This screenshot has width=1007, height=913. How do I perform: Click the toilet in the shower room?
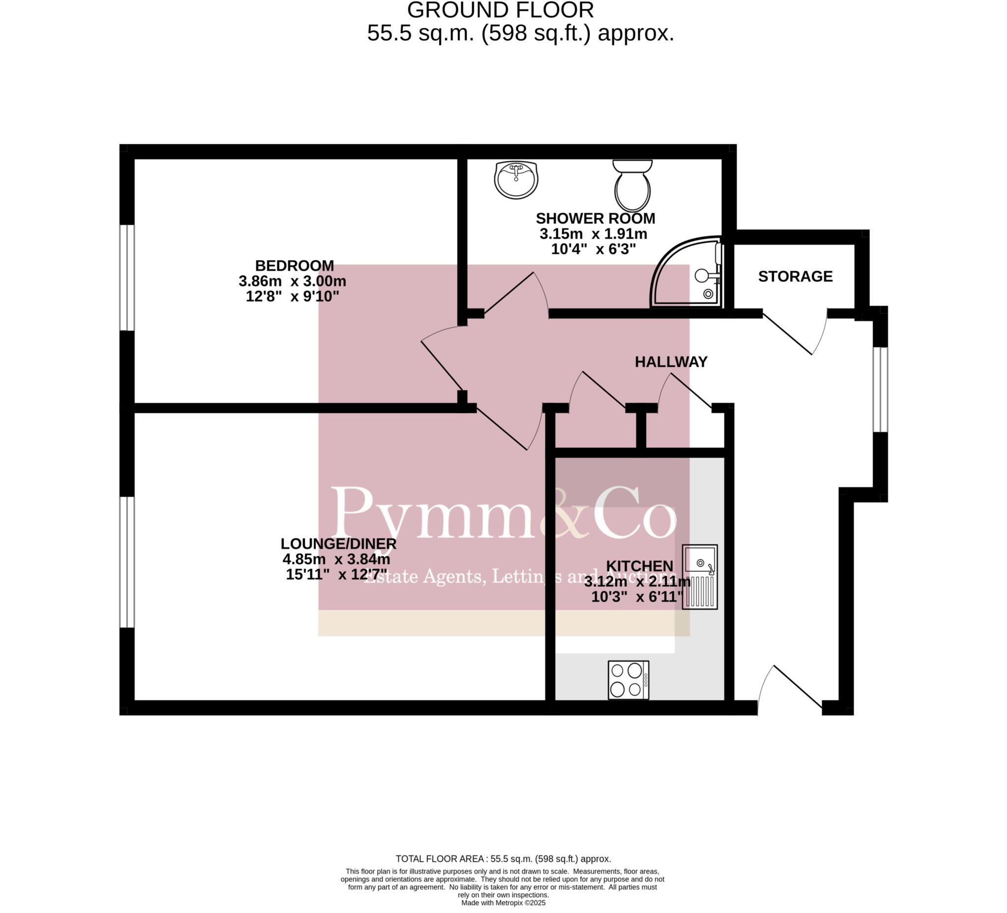click(x=632, y=186)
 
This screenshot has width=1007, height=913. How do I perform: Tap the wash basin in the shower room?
click(x=516, y=180)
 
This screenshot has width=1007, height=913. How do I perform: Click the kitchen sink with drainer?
click(x=700, y=577)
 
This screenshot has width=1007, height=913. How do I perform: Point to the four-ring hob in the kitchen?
click(x=628, y=680)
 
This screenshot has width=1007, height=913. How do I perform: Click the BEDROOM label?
click(x=294, y=265)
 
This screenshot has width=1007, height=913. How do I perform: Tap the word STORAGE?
click(x=795, y=276)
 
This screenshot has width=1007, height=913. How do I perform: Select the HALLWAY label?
click(x=671, y=362)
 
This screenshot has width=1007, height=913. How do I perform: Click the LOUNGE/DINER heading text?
click(x=338, y=544)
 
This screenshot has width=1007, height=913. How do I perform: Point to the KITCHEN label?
click(x=639, y=566)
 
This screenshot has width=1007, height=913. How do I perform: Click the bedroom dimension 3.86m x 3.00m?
click(x=292, y=281)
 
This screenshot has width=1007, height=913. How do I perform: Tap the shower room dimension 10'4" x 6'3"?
click(x=593, y=249)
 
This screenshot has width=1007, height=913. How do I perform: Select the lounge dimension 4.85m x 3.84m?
click(x=336, y=559)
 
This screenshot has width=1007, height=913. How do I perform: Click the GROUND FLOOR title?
click(x=501, y=10)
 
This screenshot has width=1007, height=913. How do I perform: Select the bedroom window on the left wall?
click(x=127, y=278)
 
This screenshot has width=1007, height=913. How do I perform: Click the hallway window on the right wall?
click(x=880, y=389)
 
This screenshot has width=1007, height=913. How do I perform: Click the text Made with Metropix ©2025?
click(x=503, y=903)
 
